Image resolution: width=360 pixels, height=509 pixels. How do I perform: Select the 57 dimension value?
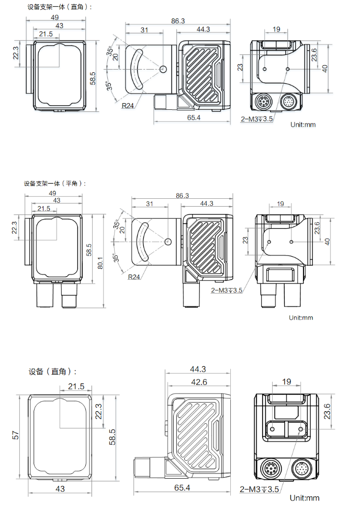pyautogui.click(x=16, y=435)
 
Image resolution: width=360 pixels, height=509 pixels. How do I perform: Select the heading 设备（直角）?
pyautogui.click(x=53, y=372)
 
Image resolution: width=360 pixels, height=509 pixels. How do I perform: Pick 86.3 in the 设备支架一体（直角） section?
pyautogui.click(x=178, y=21)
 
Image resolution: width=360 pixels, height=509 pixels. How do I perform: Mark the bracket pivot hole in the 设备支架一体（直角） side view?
pyautogui.click(x=163, y=69)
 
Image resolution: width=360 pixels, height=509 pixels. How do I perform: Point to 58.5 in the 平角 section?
pyautogui.click(x=89, y=250)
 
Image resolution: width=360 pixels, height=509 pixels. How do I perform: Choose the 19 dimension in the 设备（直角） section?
pyautogui.click(x=286, y=382)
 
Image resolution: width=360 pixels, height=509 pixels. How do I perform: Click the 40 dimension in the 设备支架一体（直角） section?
pyautogui.click(x=324, y=68)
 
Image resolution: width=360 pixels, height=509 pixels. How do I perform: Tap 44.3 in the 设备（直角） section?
pyautogui.click(x=197, y=369)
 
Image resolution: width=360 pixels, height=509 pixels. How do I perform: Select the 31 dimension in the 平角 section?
pyautogui.click(x=150, y=204)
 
